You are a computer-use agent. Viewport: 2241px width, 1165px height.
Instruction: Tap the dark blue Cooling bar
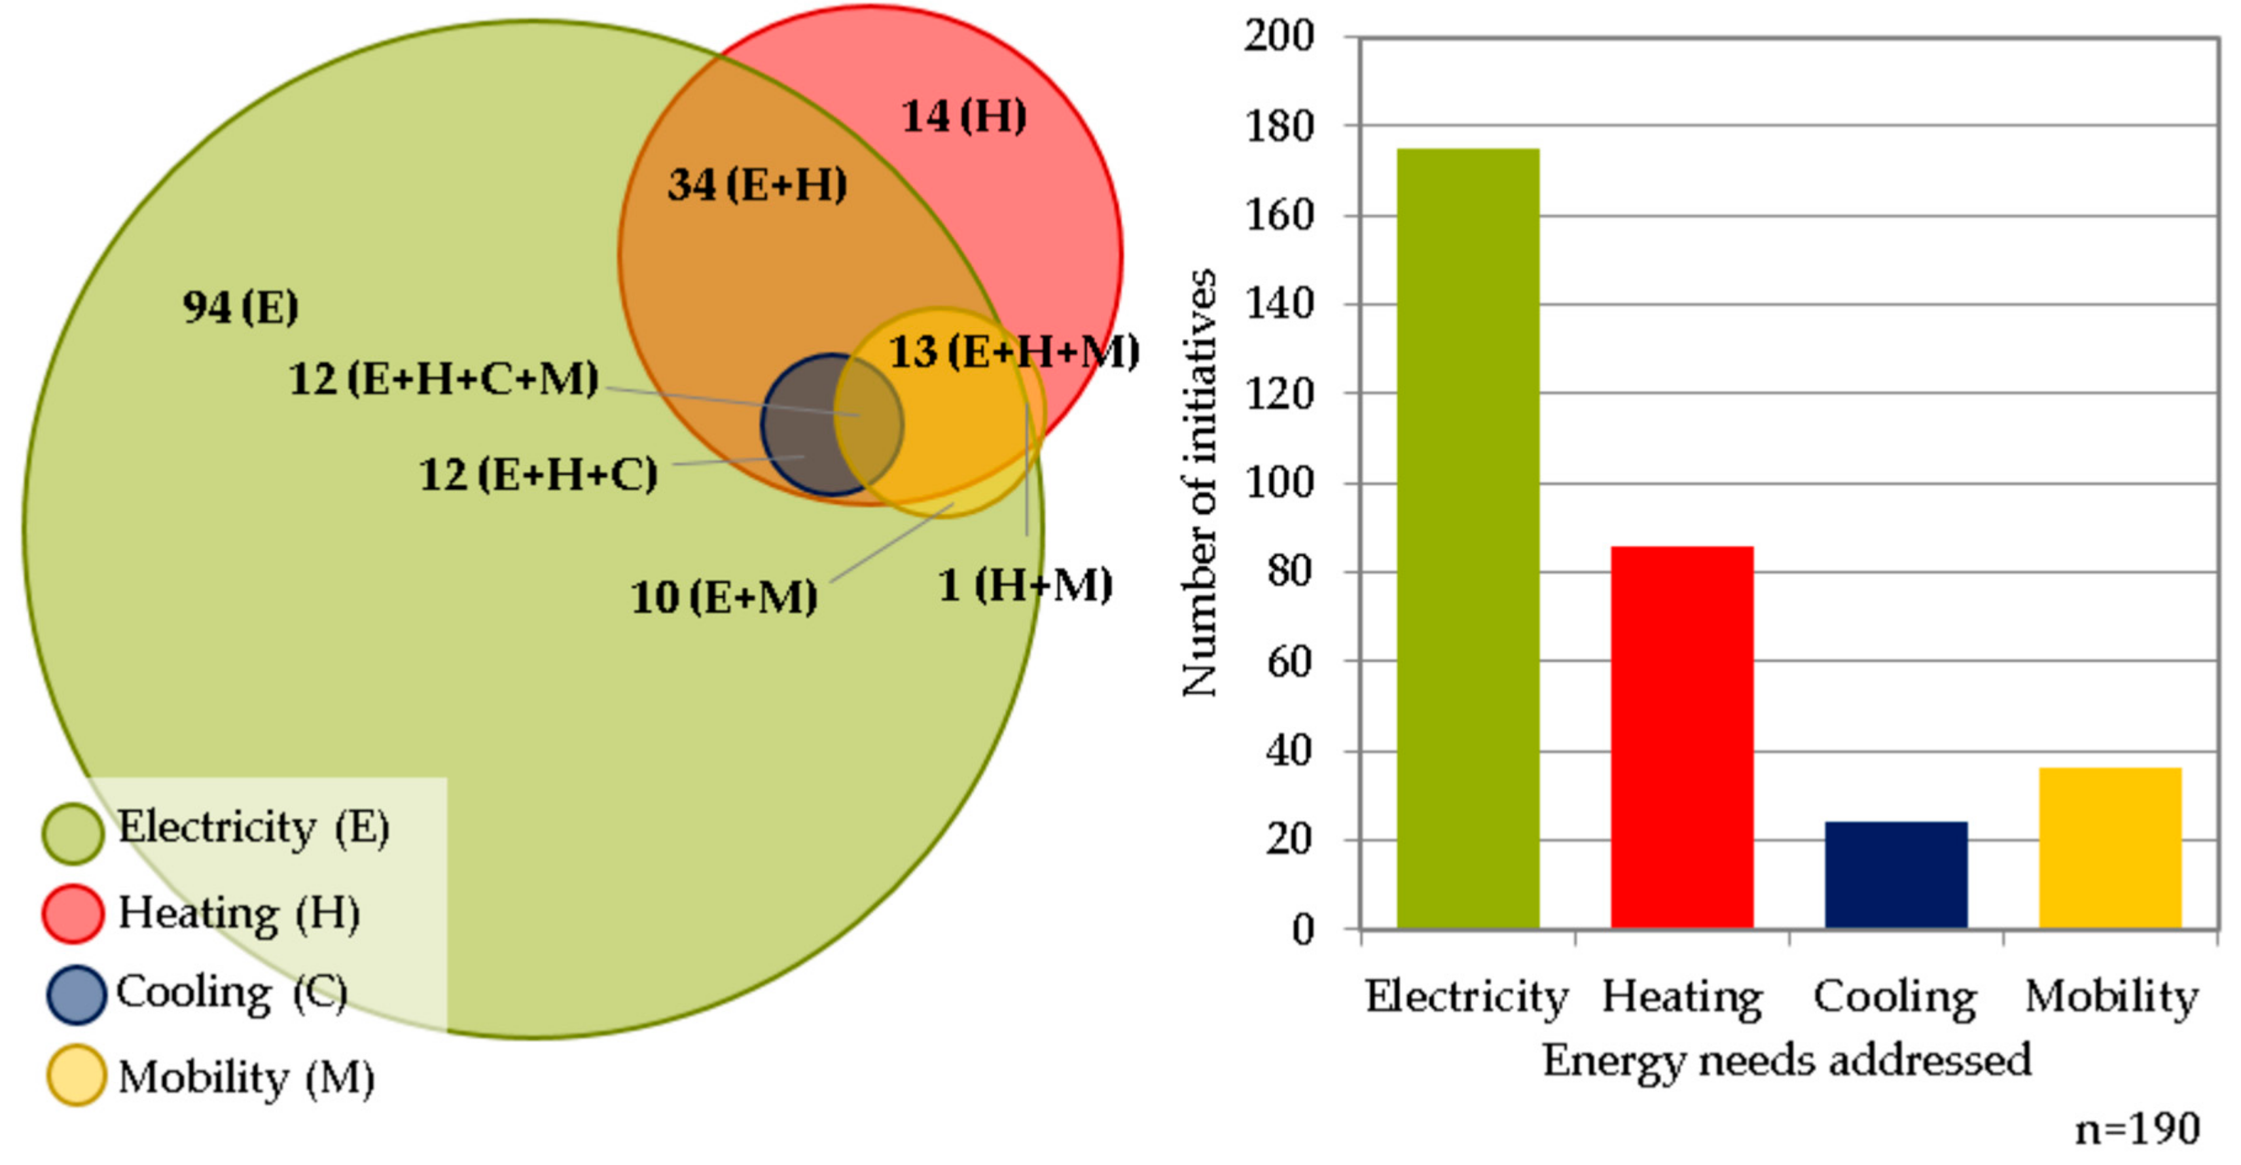coord(1895,874)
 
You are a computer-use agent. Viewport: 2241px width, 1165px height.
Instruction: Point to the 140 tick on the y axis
coord(1279,304)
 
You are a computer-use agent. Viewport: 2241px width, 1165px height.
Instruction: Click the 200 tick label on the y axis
coord(1279,37)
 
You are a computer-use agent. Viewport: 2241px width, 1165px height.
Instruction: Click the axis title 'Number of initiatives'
coord(1199,483)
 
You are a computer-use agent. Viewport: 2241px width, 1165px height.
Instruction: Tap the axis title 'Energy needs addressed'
coord(1787,1060)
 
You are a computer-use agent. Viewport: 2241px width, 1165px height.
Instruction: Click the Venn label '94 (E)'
coord(240,307)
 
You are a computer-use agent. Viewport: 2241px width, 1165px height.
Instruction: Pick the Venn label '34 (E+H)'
coord(757,185)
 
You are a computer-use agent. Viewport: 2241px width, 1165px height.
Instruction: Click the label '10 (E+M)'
coord(724,598)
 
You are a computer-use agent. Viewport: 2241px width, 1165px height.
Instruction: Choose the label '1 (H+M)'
coord(1026,584)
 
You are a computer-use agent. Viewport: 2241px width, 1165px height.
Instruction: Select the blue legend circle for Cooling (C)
coord(76,994)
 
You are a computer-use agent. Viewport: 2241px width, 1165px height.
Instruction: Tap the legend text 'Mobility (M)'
coord(246,1078)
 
